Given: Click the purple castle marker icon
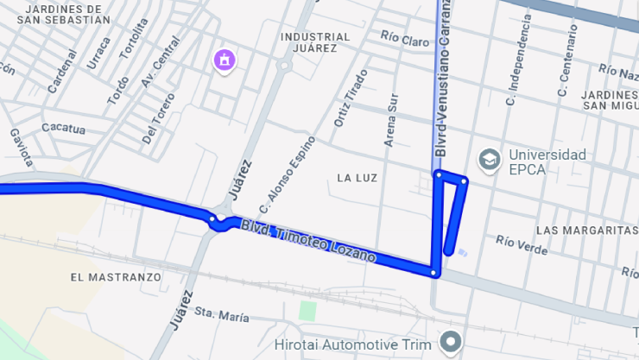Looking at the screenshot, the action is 225,60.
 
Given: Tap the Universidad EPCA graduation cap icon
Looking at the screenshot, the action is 490,160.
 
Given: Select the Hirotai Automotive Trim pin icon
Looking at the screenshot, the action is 450,342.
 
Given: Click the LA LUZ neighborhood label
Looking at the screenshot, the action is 357,178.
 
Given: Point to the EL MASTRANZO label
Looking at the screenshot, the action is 116,277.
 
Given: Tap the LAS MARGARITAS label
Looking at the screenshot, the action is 586,231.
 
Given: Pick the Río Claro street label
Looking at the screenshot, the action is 405,40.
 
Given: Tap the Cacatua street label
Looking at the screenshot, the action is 63,129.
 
